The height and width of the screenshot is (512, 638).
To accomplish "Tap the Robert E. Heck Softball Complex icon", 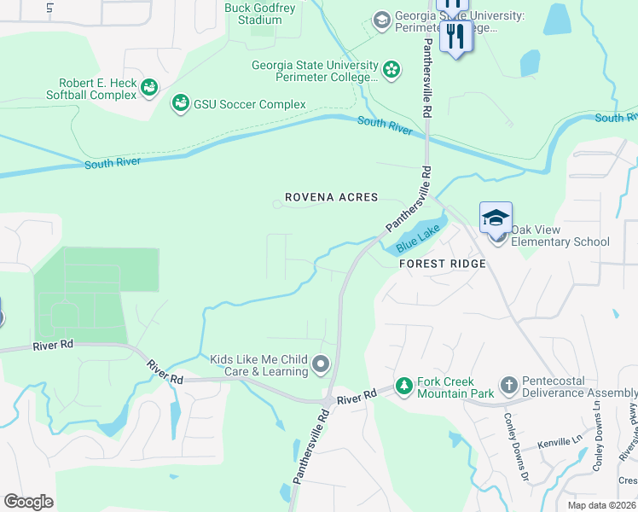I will [x=149, y=87].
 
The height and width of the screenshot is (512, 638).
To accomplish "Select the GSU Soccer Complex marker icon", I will [x=181, y=104].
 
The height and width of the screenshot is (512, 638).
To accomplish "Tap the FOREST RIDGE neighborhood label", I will [x=443, y=264].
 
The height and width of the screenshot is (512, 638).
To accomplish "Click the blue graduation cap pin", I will [x=496, y=218].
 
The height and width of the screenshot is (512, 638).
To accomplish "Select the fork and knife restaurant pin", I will [x=455, y=37].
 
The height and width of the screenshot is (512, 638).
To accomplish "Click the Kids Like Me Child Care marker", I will [x=321, y=364].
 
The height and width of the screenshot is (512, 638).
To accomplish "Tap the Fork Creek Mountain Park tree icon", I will [x=404, y=387].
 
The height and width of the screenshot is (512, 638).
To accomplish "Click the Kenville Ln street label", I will [x=559, y=445].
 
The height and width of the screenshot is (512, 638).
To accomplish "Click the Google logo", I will [x=28, y=502].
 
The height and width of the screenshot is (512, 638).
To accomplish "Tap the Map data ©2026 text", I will [x=601, y=505].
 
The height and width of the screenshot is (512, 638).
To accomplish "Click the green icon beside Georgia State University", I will [x=391, y=69].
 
